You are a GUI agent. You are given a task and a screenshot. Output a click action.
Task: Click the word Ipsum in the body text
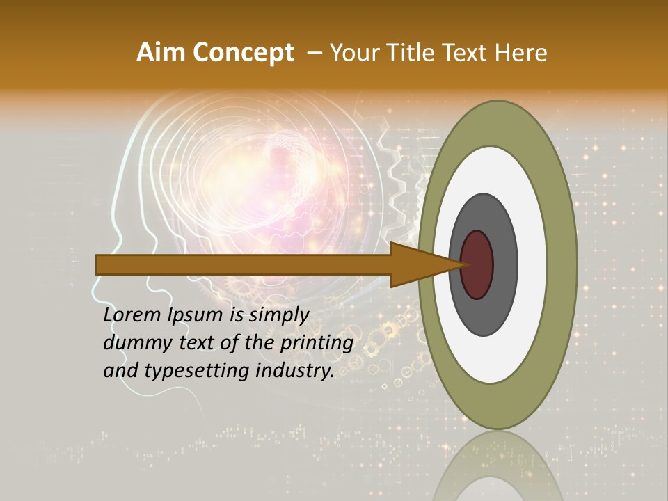(198, 315)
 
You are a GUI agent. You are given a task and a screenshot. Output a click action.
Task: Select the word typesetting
(198, 371)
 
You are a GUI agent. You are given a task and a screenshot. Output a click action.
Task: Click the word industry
(295, 371)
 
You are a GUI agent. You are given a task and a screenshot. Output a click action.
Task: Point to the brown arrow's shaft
(244, 264)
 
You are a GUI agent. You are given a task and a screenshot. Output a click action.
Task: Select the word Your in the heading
(354, 53)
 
